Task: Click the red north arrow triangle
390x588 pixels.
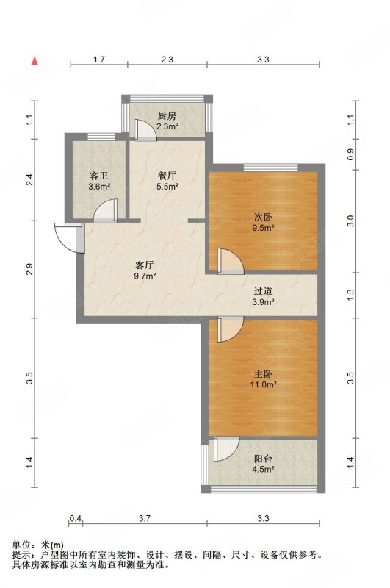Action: click(35, 61)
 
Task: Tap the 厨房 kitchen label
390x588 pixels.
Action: click(167, 116)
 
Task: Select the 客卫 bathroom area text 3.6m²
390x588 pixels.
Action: click(99, 186)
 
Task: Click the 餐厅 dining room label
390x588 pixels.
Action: click(167, 175)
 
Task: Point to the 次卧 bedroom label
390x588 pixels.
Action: click(264, 217)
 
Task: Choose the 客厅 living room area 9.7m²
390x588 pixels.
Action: click(145, 276)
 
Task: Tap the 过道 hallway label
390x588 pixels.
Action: click(263, 291)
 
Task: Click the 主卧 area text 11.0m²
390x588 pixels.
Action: click(264, 384)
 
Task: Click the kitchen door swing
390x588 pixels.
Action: click(145, 130)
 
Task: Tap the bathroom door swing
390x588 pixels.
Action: click(105, 210)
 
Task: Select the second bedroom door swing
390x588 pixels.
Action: click(231, 260)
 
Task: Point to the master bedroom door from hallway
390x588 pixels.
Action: click(231, 329)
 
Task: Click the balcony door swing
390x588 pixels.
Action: click(226, 449)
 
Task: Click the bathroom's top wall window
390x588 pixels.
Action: click(101, 137)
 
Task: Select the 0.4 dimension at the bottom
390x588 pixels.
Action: click(76, 519)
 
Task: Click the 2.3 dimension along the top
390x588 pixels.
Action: click(167, 60)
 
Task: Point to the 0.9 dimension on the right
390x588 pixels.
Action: click(350, 154)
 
